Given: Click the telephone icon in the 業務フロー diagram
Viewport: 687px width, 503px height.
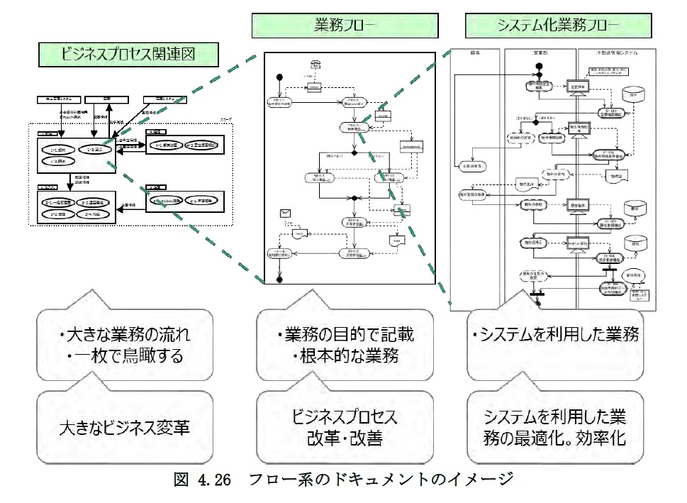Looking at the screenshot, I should coord(314,65).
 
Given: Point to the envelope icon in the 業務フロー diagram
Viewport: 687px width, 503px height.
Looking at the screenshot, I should coord(286,212).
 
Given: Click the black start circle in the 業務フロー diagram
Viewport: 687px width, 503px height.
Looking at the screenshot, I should coord(279,77).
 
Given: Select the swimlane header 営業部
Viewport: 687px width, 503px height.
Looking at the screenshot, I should coord(540,52).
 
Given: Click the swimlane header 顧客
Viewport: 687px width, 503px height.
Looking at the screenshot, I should coord(476,52).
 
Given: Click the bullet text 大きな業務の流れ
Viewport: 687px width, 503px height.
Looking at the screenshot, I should coord(129,333).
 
